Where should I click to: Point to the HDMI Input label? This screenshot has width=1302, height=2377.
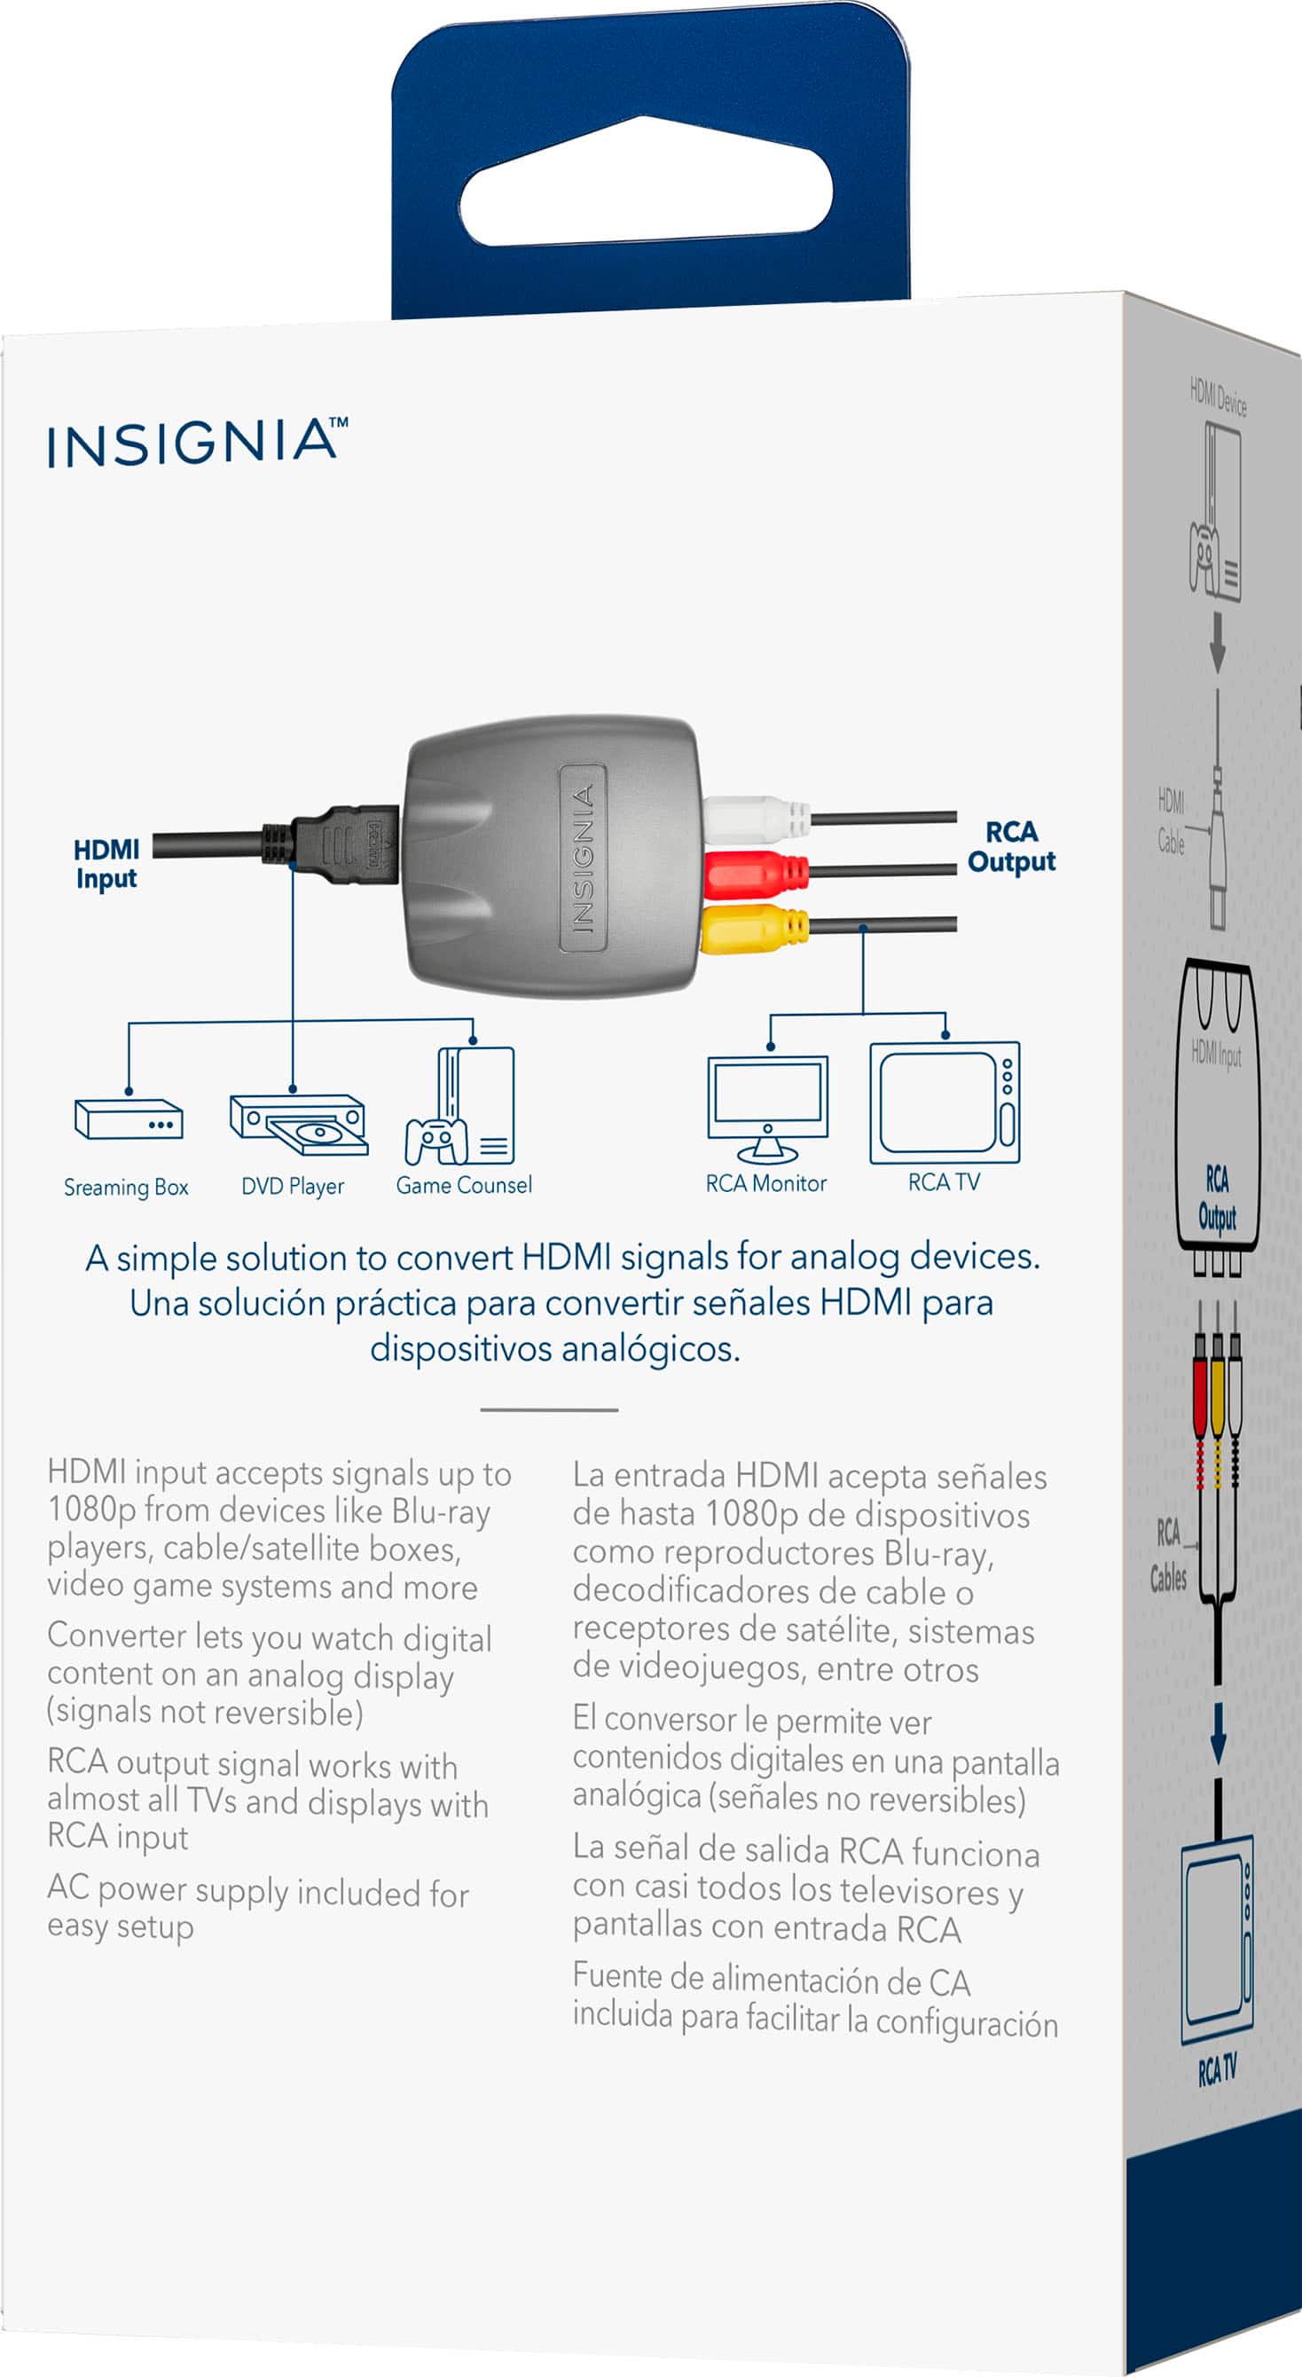pyautogui.click(x=106, y=864)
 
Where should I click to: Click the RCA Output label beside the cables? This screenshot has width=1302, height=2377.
pyautogui.click(x=1011, y=846)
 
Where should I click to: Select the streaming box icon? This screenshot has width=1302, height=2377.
pyautogui.click(x=129, y=1118)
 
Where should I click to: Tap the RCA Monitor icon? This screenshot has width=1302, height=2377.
pyautogui.click(x=767, y=1108)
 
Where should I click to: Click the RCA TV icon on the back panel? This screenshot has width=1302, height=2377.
pyautogui.click(x=944, y=1102)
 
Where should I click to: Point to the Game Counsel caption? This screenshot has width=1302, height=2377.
pyautogui.click(x=463, y=1185)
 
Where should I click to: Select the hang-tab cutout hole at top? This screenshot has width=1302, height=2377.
pyautogui.click(x=646, y=184)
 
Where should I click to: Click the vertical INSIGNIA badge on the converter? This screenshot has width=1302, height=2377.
pyautogui.click(x=582, y=858)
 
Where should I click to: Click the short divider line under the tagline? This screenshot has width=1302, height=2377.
pyautogui.click(x=549, y=1410)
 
